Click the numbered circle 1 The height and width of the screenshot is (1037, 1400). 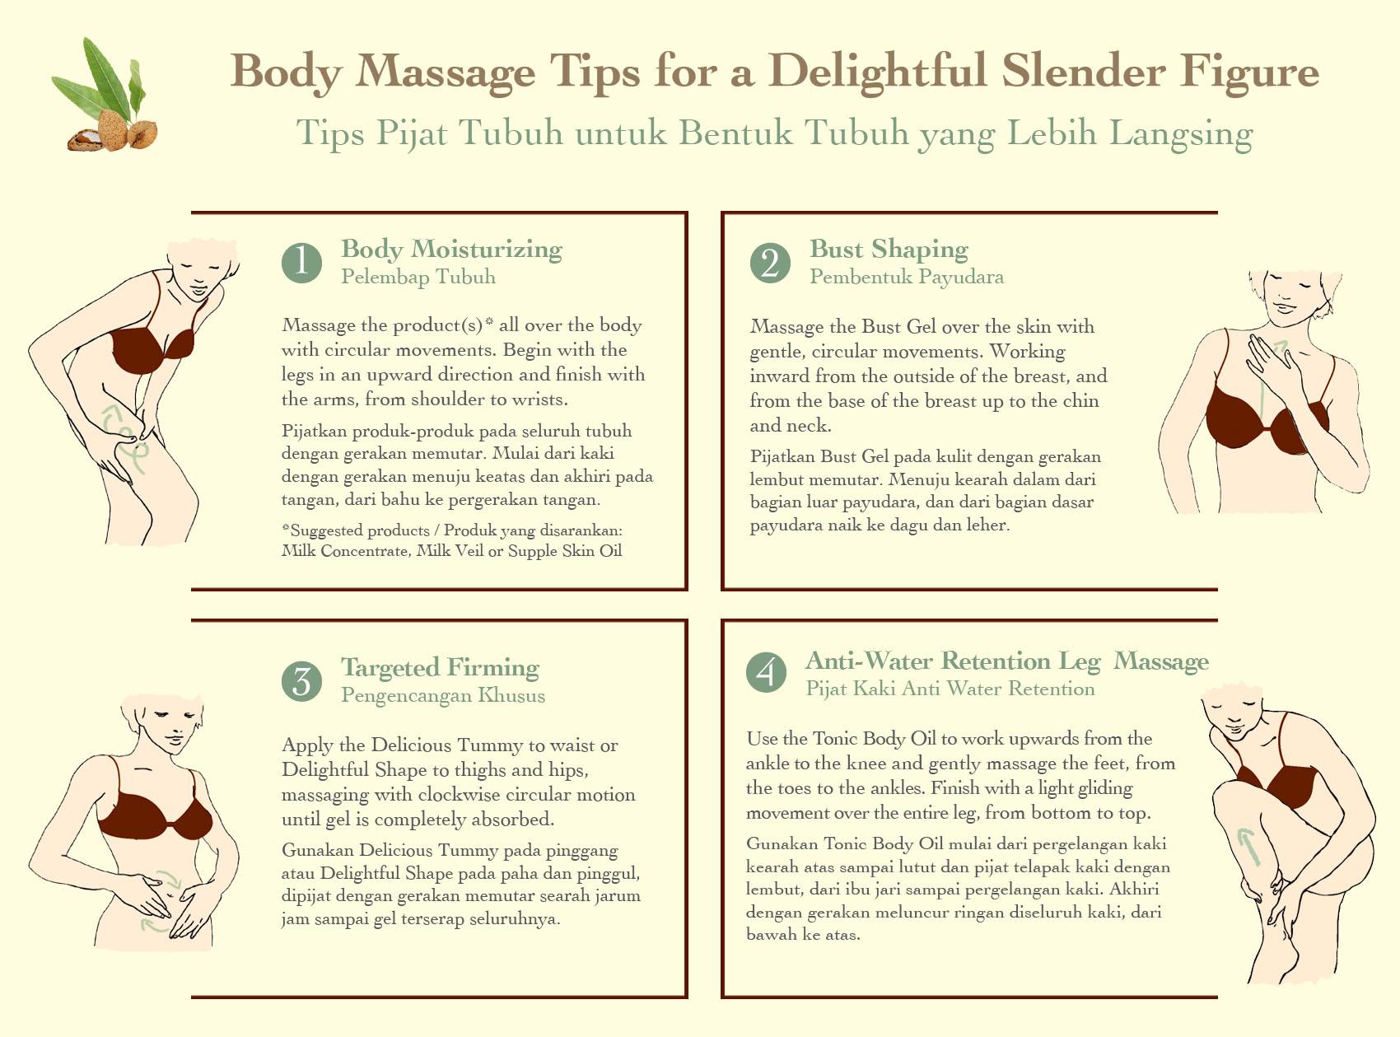point(301,263)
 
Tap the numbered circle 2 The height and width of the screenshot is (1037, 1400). point(770,263)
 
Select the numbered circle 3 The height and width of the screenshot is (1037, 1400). point(301,681)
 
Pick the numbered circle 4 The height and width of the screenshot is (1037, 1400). point(766,672)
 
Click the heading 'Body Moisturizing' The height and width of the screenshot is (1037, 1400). point(451,249)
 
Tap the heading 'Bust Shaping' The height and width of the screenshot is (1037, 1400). point(889,249)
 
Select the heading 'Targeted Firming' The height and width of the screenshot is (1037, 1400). point(440,667)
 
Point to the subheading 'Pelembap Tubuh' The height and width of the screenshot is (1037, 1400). point(418,277)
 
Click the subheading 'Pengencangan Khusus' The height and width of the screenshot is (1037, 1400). point(443,695)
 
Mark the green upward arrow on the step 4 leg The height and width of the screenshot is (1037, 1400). point(1248,846)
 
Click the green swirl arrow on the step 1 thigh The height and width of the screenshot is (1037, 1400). point(125,438)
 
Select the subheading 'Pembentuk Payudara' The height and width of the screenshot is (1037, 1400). point(907,277)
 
